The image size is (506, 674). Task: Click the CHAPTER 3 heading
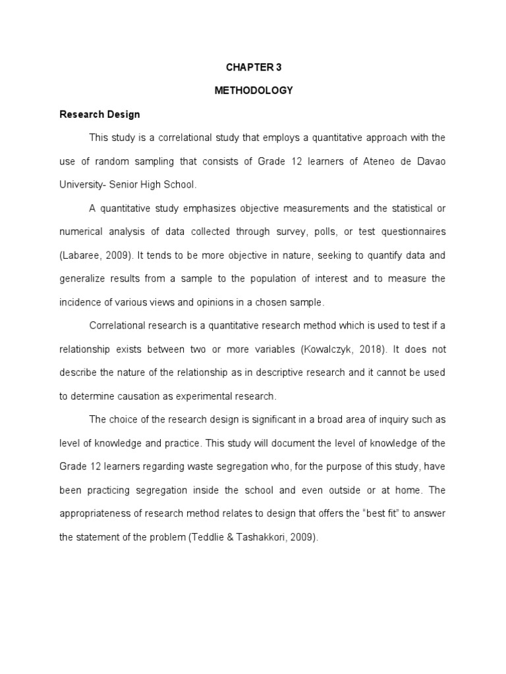[x=253, y=67]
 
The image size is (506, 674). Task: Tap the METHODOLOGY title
[x=253, y=91]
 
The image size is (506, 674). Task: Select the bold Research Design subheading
[x=99, y=114]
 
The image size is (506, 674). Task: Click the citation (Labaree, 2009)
[x=91, y=255]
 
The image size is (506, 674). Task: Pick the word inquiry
[x=395, y=419]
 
